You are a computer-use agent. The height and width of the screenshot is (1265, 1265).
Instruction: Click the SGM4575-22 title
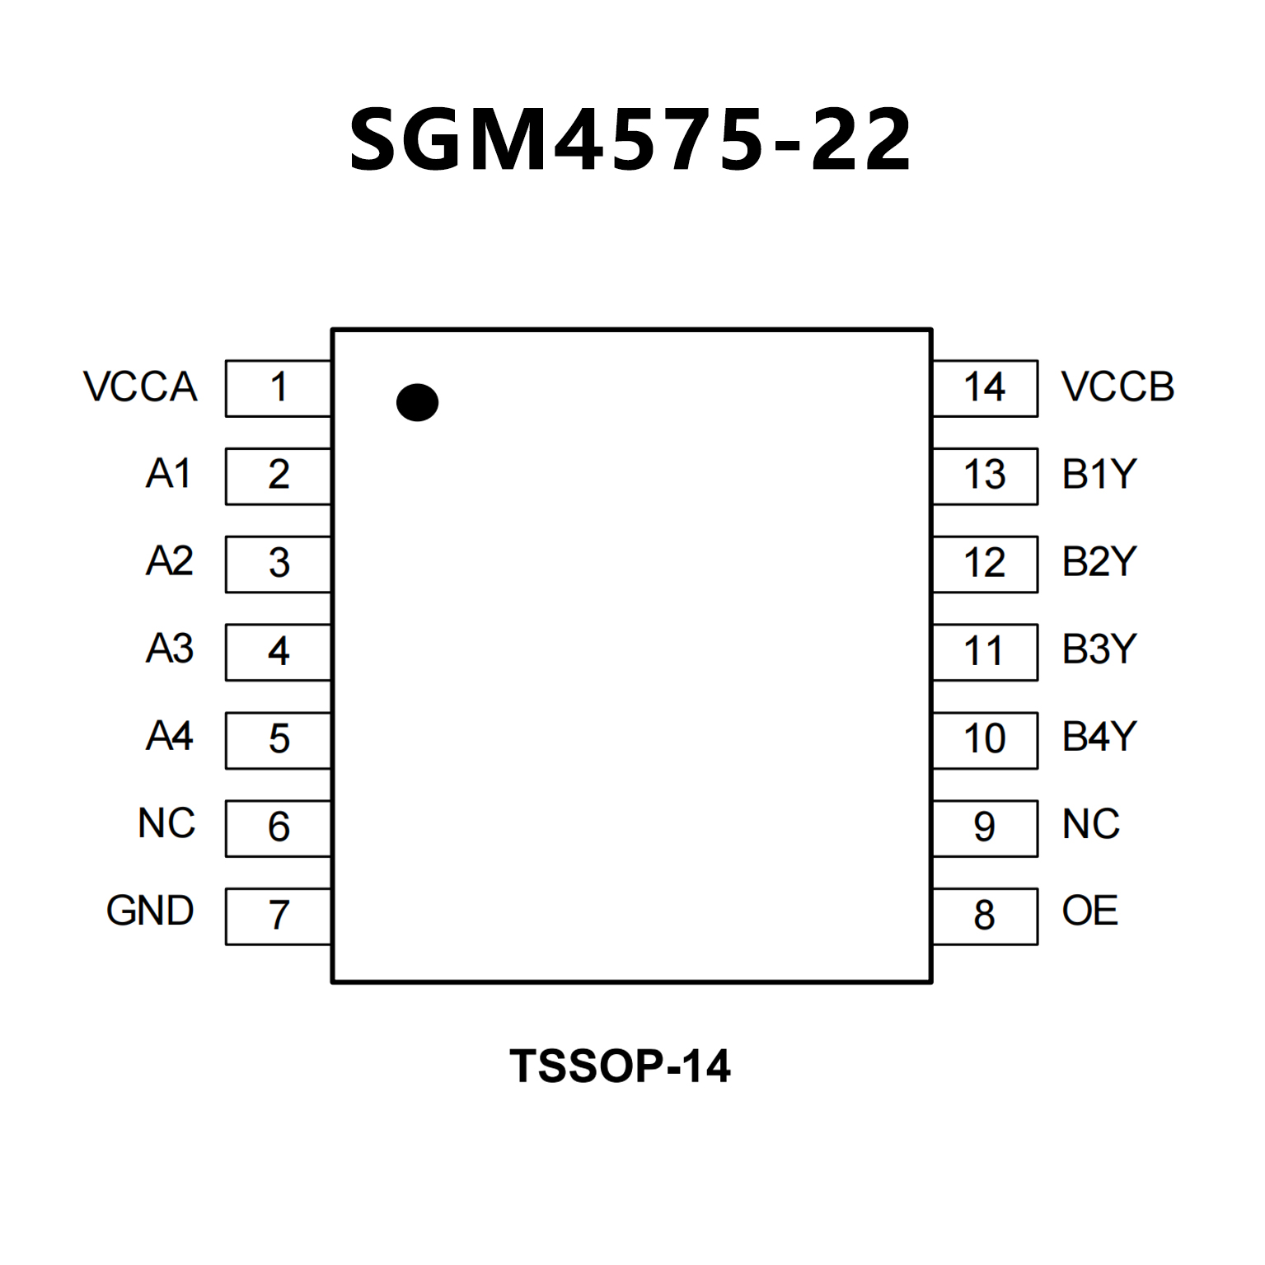(630, 140)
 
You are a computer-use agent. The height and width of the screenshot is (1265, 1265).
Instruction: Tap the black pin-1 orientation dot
(417, 402)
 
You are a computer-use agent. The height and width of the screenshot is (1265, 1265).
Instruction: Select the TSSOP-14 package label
(620, 1066)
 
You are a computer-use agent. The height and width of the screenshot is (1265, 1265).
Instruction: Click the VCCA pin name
(140, 387)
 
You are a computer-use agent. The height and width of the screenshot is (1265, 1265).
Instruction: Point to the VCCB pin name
(1117, 387)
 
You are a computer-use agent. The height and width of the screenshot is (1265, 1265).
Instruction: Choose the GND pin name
(150, 911)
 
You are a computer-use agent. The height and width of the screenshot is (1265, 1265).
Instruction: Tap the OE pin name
(1089, 911)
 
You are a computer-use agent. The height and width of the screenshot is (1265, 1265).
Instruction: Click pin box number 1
(279, 387)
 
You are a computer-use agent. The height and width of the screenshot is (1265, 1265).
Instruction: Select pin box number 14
(985, 387)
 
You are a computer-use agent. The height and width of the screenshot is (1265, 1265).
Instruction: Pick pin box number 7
(279, 916)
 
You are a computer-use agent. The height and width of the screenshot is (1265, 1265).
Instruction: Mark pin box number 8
(985, 916)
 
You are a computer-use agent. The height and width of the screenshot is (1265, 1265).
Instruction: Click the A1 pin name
(169, 474)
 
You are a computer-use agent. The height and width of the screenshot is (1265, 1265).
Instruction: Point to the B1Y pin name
(1099, 474)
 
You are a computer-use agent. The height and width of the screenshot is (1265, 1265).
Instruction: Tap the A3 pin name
(170, 649)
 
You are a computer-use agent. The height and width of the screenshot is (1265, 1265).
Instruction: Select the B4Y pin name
(1099, 736)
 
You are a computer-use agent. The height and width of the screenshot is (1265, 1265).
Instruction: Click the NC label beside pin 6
(166, 823)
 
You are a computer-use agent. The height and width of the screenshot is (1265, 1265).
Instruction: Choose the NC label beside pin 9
(1091, 824)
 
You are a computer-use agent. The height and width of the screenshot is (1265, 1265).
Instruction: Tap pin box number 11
(985, 652)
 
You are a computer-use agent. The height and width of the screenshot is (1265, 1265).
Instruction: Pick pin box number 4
(279, 652)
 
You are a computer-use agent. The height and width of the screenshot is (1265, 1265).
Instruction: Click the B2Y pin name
(1099, 562)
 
